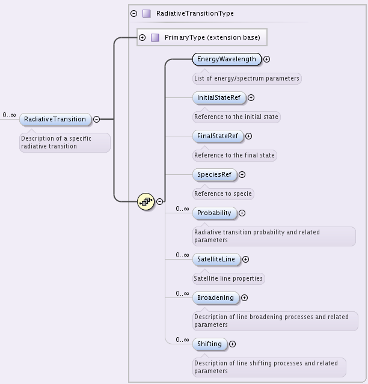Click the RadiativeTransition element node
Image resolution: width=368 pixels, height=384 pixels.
coord(55,119)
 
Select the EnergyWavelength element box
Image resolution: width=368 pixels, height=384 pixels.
coord(227,59)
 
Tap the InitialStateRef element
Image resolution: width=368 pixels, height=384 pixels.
coord(219,97)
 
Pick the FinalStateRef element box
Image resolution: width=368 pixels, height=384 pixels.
coord(218,136)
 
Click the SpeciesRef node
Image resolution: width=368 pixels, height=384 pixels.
coord(214,174)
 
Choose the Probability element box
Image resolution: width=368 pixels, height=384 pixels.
coord(214,213)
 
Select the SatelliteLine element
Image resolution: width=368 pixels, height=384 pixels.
coord(216,259)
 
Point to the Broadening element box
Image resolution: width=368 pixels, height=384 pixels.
coord(215,297)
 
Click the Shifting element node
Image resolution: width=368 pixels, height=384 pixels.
coord(209,344)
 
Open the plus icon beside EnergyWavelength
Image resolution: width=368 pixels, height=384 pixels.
coord(266,59)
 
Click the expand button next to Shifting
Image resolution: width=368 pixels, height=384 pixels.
coord(232,344)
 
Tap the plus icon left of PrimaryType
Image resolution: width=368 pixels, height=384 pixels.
coord(143,37)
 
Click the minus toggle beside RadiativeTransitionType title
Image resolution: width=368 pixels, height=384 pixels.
coord(133,13)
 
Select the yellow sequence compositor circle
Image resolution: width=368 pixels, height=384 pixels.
coord(146,201)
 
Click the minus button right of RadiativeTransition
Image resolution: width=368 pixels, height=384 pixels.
coord(96,119)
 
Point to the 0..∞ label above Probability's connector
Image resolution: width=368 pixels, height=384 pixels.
coord(182,209)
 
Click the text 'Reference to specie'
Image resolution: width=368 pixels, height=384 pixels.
coord(222,194)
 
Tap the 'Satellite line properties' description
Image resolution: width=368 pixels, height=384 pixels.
coord(228,278)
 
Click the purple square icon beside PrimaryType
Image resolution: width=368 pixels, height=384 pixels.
coord(155,37)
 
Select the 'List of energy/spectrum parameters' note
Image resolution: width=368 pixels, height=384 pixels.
coord(246,78)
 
